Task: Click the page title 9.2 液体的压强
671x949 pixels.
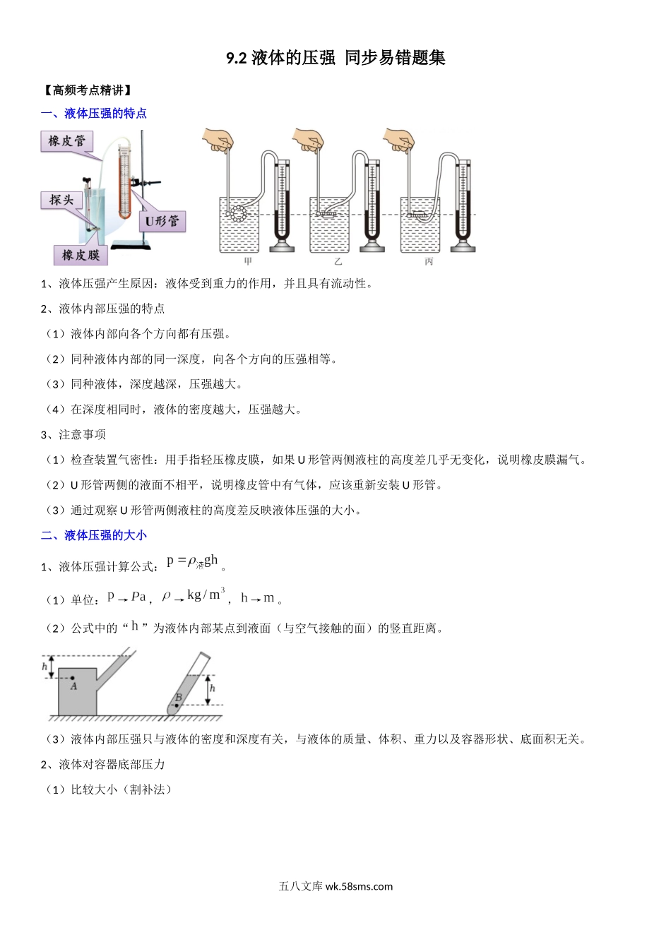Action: tap(335, 58)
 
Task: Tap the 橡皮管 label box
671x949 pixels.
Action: tap(66, 141)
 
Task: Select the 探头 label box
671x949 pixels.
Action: tap(61, 201)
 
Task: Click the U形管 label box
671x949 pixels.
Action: tap(162, 221)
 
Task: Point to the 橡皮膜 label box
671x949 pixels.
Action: tap(81, 255)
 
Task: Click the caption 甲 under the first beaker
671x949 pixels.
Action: tap(248, 262)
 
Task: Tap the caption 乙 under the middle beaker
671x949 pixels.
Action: tap(338, 262)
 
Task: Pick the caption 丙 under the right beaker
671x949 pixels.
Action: tap(429, 262)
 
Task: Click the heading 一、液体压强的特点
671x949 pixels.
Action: tap(94, 114)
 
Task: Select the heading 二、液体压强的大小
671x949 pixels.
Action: tap(94, 535)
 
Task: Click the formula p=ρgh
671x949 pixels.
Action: tap(193, 562)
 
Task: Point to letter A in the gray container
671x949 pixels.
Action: tap(73, 686)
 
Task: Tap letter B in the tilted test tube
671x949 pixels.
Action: tap(179, 698)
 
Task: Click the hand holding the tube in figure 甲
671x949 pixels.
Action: tap(218, 140)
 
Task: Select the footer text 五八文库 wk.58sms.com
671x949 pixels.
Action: tap(335, 887)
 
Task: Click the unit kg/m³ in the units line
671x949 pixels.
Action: tap(206, 595)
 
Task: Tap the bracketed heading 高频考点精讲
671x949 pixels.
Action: tap(88, 90)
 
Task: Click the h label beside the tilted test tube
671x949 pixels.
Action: tap(213, 688)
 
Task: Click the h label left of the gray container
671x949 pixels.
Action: tap(44, 666)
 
